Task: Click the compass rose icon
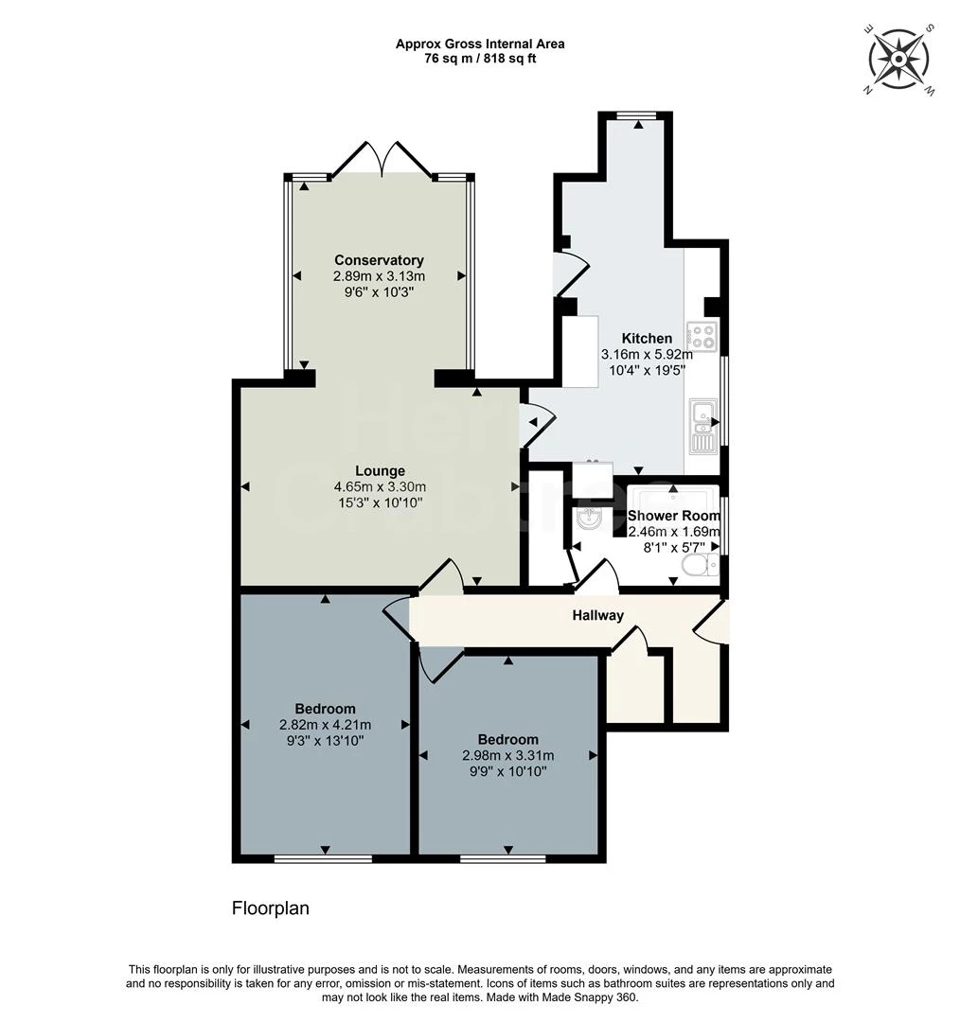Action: (898, 59)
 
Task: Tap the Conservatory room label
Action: (379, 260)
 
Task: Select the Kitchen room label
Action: (647, 338)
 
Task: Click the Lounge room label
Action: (380, 470)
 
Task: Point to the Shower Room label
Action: (673, 516)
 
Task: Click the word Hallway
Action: (597, 615)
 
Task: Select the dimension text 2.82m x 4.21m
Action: (325, 725)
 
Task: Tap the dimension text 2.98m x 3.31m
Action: (507, 755)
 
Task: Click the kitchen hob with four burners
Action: (702, 333)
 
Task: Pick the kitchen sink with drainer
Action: (702, 426)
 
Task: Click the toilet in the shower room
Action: (700, 565)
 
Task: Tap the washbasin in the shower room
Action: (590, 518)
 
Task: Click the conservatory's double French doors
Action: (382, 159)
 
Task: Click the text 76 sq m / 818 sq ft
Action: (480, 59)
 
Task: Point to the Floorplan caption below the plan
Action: (271, 908)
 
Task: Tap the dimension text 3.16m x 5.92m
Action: (647, 354)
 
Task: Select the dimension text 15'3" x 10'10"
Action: (379, 502)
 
